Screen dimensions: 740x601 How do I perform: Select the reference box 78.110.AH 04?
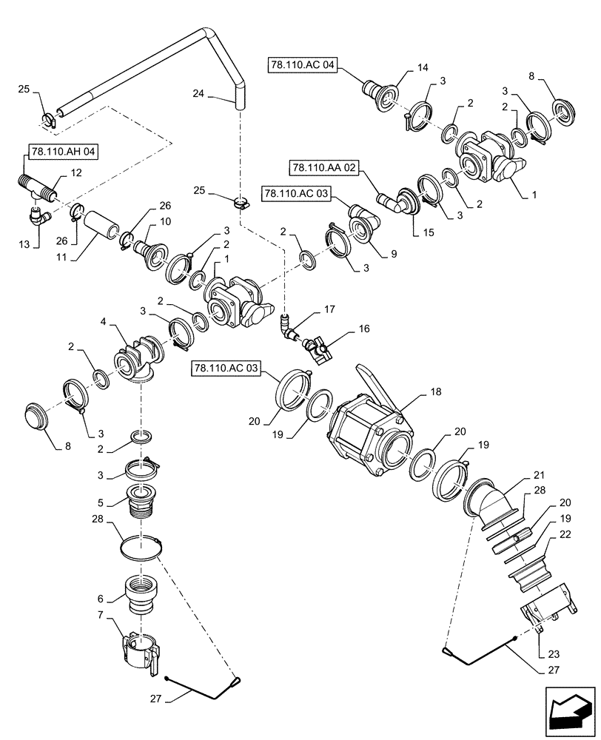(64, 153)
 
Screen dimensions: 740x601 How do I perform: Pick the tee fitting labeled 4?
(138, 360)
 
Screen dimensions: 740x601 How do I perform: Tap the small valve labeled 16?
(318, 348)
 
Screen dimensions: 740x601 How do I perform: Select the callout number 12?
(75, 172)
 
